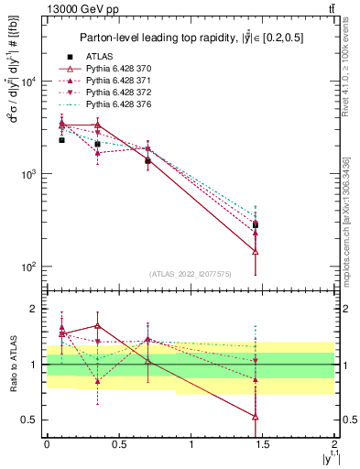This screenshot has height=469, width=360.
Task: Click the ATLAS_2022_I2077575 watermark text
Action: pos(190,273)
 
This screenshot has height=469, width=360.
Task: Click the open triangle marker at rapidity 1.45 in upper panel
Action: pos(256,251)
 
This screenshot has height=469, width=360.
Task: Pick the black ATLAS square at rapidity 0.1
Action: pos(61,140)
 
